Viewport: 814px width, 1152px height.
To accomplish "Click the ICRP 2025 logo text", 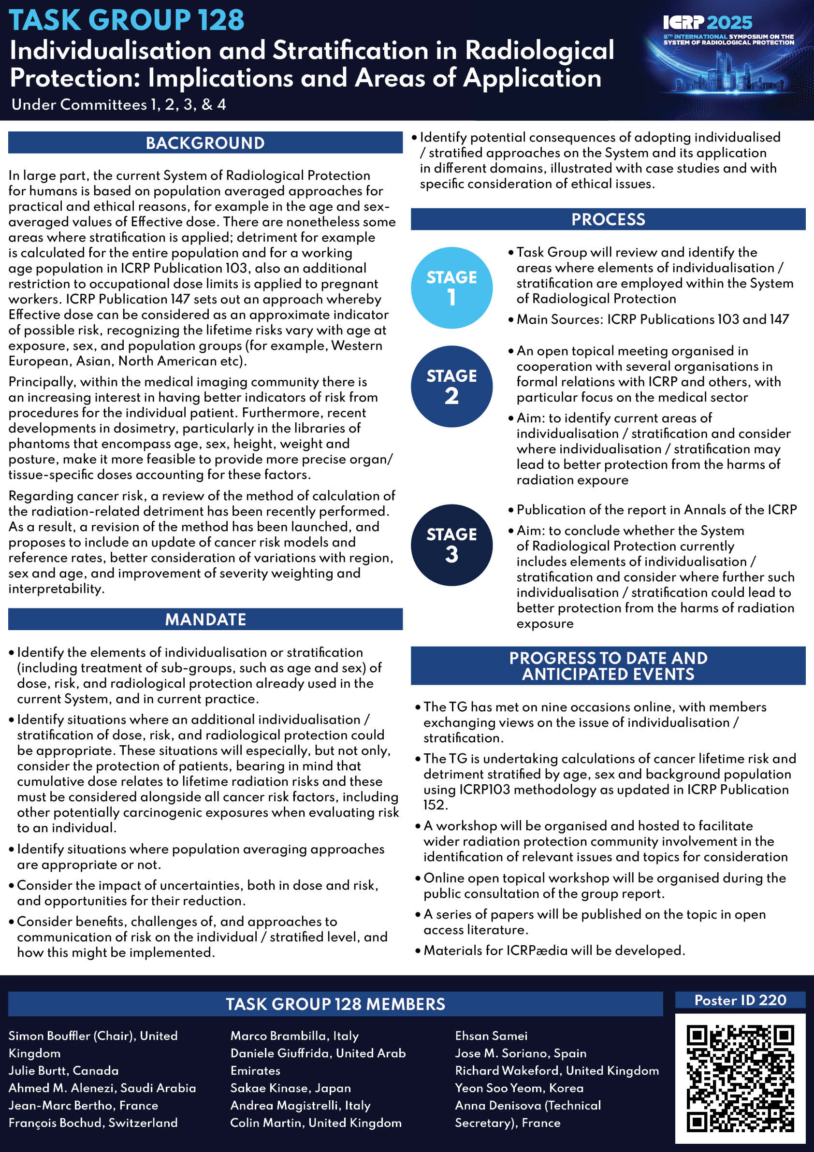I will (x=708, y=23).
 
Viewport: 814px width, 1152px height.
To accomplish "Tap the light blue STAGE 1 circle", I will (x=451, y=288).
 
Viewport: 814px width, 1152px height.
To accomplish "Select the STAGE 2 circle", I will (x=451, y=387).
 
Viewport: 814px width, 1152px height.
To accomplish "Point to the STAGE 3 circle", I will (x=451, y=545).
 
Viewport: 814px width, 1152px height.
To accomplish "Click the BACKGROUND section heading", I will (x=205, y=143).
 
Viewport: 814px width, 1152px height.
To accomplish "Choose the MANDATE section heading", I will (x=205, y=619).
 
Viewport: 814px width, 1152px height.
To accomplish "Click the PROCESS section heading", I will (x=608, y=219).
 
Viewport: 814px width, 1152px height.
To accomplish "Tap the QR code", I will (x=740, y=1078).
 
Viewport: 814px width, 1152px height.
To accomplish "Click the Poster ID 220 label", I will (x=740, y=1000).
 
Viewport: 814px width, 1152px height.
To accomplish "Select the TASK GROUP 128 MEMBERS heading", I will (x=335, y=1004).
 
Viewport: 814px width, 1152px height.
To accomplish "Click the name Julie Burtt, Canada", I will (x=64, y=1070).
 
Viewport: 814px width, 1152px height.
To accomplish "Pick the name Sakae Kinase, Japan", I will (x=291, y=1088).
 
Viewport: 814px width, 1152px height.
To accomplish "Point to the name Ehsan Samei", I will (x=491, y=1036).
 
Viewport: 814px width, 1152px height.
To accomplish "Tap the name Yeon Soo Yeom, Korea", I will (x=519, y=1088).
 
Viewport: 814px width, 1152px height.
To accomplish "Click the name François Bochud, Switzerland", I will (x=93, y=1123).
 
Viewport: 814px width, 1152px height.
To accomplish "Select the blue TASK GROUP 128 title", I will (x=127, y=20).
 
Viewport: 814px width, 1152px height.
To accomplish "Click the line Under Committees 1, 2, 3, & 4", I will (x=118, y=104).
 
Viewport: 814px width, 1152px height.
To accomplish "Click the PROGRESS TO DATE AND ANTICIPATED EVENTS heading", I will (x=608, y=666).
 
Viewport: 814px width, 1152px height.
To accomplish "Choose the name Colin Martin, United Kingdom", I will (x=316, y=1123).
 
